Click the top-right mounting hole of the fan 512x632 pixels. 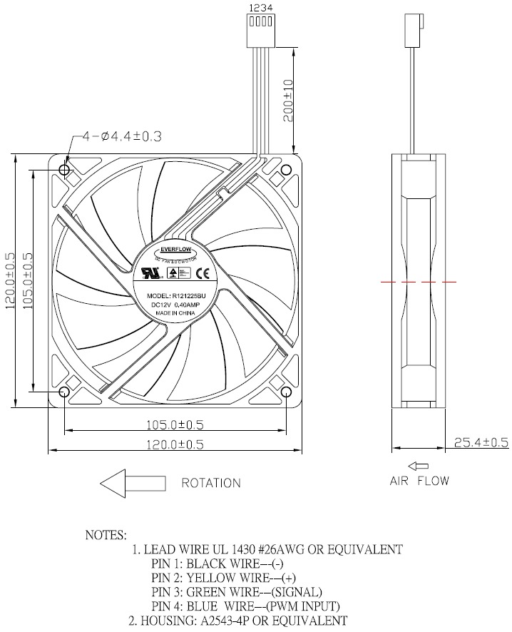click(x=286, y=170)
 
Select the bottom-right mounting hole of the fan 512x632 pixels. click(x=286, y=392)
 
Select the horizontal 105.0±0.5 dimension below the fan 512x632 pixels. click(x=175, y=424)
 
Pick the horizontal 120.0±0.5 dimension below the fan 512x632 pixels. click(x=175, y=444)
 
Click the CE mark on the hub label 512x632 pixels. click(x=202, y=272)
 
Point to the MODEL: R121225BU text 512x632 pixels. click(x=175, y=295)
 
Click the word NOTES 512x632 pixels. click(x=106, y=534)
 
